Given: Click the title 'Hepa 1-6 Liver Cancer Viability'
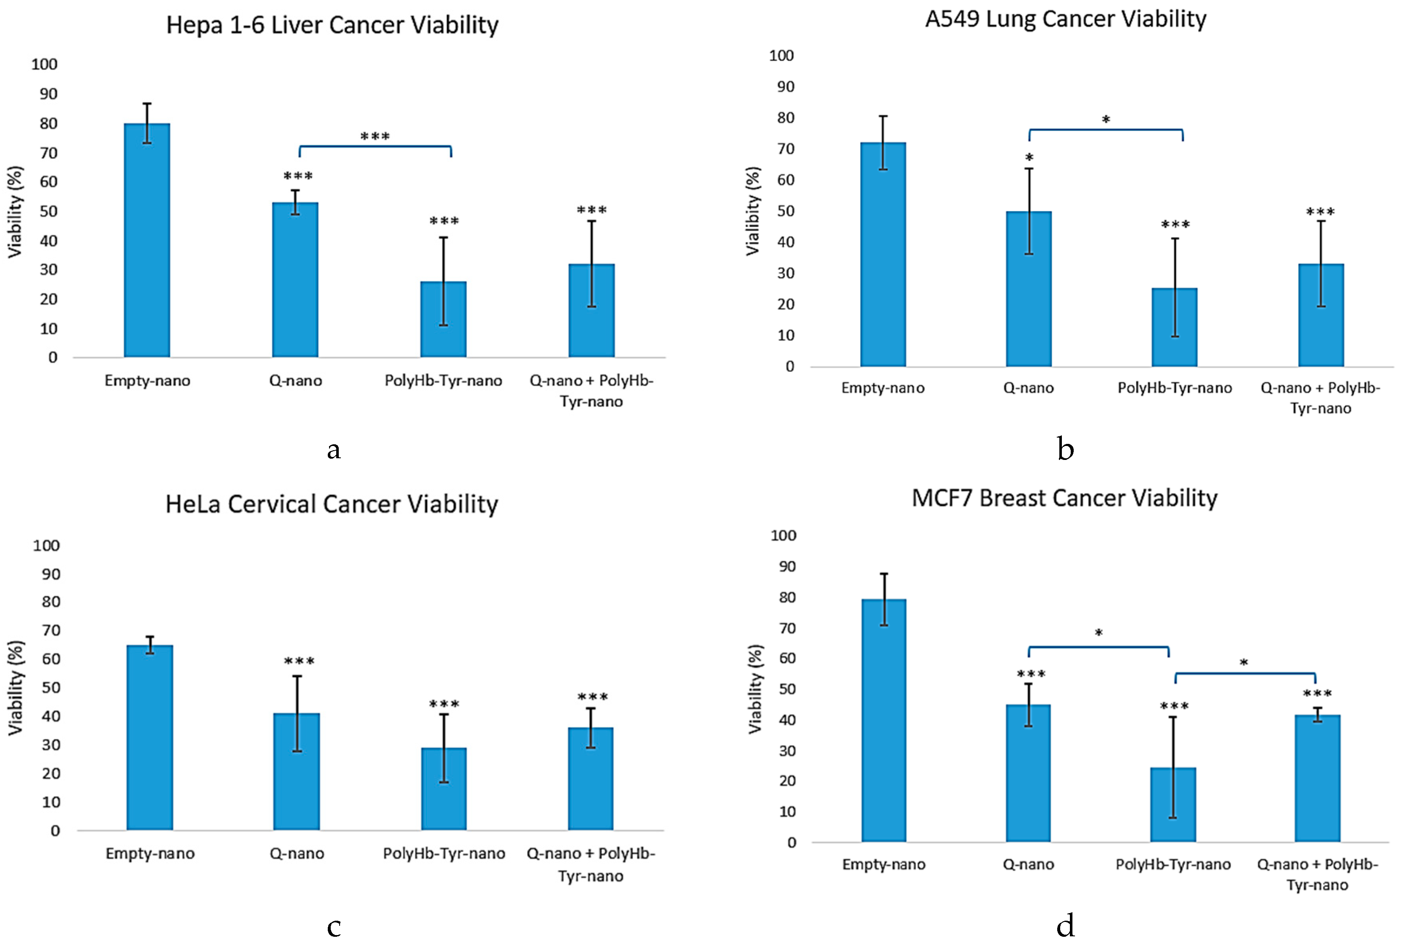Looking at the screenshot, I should click(332, 25).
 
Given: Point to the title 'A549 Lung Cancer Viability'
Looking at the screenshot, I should click(1065, 19).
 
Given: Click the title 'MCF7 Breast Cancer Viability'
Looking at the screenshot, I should click(1064, 498).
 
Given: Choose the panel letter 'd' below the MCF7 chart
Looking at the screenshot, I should click(1065, 925).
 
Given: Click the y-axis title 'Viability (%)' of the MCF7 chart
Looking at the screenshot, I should click(755, 689).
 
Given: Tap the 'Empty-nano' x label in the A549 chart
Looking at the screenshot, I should click(883, 388).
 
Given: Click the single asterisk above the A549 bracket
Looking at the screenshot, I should click(1105, 120).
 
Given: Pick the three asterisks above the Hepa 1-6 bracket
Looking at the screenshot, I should click(375, 136).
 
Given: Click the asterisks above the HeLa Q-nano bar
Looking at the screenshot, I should click(299, 661).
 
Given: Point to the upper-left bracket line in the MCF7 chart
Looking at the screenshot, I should click(1098, 647).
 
